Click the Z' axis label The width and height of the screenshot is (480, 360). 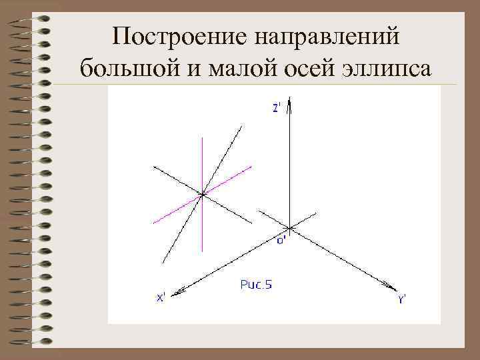278,109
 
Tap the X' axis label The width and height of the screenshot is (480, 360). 162,298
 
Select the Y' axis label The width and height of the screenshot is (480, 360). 403,299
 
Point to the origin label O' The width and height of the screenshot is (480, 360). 281,240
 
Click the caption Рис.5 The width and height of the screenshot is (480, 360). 256,285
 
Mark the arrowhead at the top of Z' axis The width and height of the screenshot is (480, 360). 290,105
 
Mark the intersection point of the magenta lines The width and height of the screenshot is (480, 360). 202,194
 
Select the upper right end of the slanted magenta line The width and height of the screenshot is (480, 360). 251,166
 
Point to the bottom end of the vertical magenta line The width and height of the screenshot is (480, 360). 202,250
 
